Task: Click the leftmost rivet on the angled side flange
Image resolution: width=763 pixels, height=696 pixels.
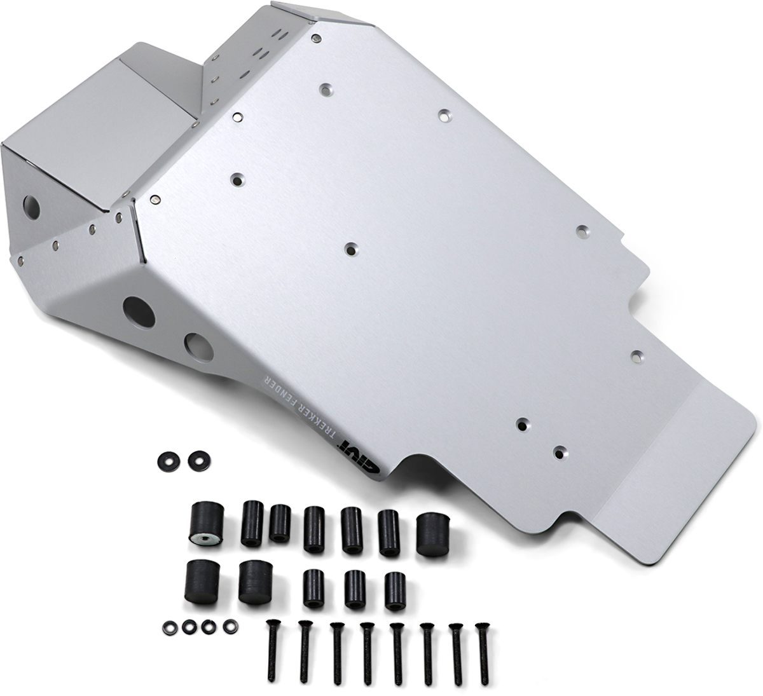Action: click(x=24, y=259)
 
